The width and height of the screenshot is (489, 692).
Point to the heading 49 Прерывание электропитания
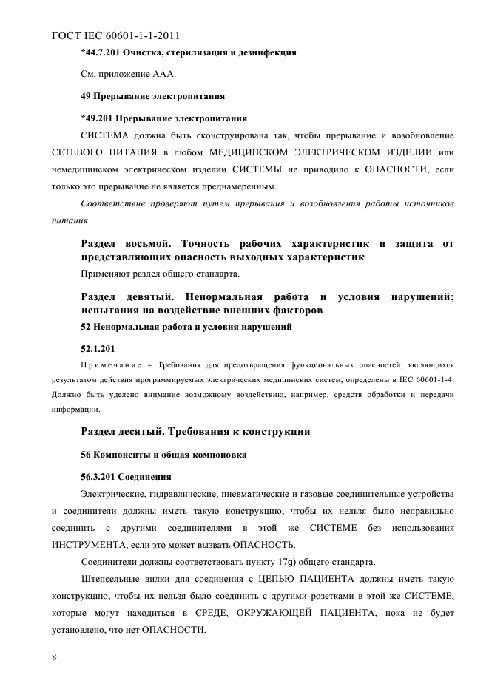(x=152, y=96)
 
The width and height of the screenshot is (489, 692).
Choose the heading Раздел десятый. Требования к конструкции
(x=195, y=430)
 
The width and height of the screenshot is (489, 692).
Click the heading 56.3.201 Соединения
(x=126, y=475)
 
